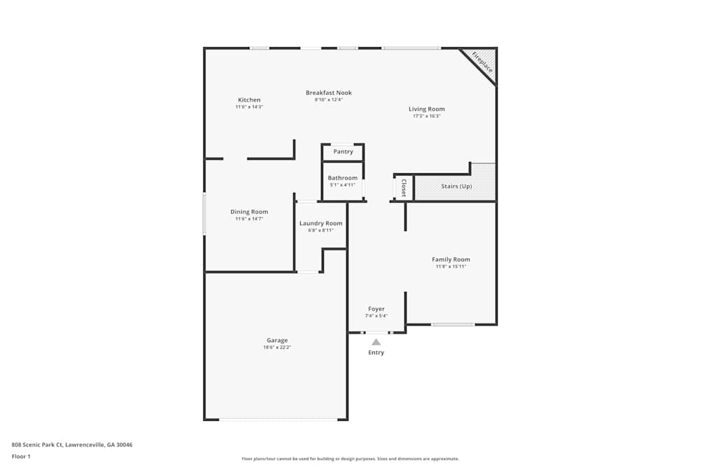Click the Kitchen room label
coord(249,100)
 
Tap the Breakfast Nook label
coord(329,93)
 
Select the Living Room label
coord(426,109)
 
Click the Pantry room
coord(343,152)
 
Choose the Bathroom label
coord(343,178)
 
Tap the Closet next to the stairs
coord(404,187)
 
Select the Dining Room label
coord(249,212)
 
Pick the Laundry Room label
coord(320,223)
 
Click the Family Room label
coord(451,259)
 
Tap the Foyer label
coord(376,309)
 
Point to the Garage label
coord(277,340)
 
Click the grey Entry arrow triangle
coord(376,342)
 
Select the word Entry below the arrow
coord(376,352)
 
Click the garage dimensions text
coord(277,347)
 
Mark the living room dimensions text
coord(426,116)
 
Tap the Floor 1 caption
coord(21,456)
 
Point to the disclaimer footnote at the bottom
coord(350,459)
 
